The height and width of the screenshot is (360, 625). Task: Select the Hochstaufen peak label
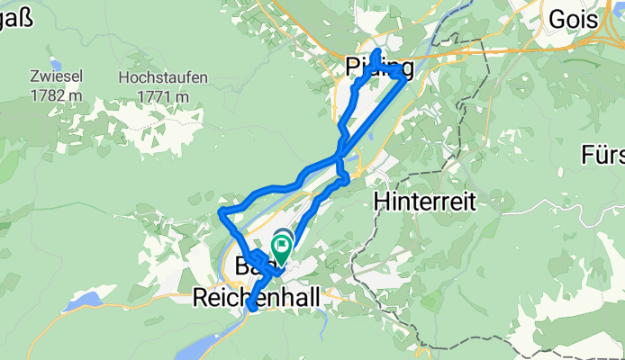(x=163, y=77)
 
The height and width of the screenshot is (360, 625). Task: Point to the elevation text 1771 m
(x=163, y=94)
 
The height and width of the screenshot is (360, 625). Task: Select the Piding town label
(x=380, y=67)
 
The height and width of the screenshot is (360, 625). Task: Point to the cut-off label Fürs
(x=603, y=155)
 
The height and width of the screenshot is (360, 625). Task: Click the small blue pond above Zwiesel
(x=56, y=64)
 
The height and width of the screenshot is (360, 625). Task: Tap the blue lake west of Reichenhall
(x=86, y=300)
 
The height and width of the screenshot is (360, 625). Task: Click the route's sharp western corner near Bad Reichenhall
(x=222, y=211)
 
